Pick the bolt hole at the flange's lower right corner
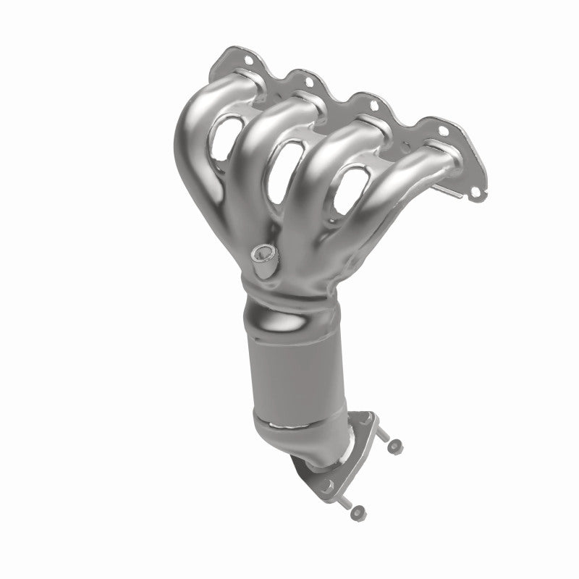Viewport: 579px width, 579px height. [x=475, y=193]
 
